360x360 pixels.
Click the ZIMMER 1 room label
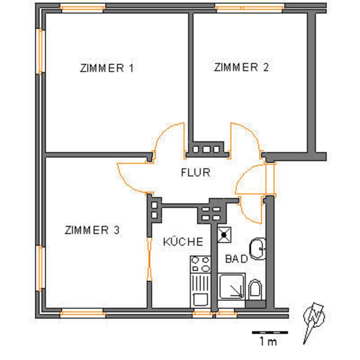tap(107, 68)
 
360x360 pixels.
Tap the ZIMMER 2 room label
tap(241, 67)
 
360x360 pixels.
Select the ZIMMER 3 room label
tap(92, 230)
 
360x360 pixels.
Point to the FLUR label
tap(196, 172)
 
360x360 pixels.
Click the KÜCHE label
tap(183, 242)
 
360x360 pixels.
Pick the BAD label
tap(237, 259)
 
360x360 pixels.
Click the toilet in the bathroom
tap(255, 289)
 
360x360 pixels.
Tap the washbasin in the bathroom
tap(257, 249)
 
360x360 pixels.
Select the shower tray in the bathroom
tap(232, 286)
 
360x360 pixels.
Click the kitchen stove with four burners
tap(200, 264)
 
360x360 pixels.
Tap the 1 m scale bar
tap(270, 332)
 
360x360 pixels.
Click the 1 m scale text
tap(268, 342)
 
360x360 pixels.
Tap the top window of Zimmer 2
tap(250, 8)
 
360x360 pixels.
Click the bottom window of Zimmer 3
tap(83, 313)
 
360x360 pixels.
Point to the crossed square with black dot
tap(224, 235)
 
